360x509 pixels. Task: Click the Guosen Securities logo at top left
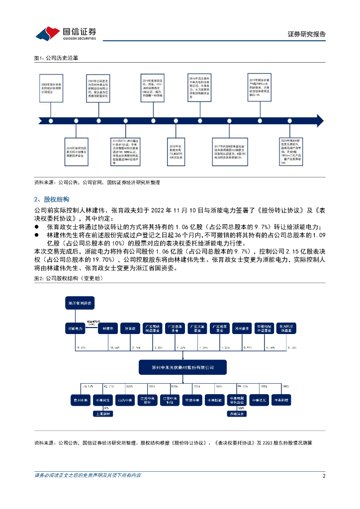click(65, 33)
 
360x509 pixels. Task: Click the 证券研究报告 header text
click(307, 34)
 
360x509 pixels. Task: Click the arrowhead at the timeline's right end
click(319, 120)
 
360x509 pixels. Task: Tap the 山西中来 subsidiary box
click(124, 399)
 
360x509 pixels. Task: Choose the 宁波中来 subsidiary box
click(191, 399)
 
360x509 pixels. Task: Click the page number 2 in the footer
click(324, 476)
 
